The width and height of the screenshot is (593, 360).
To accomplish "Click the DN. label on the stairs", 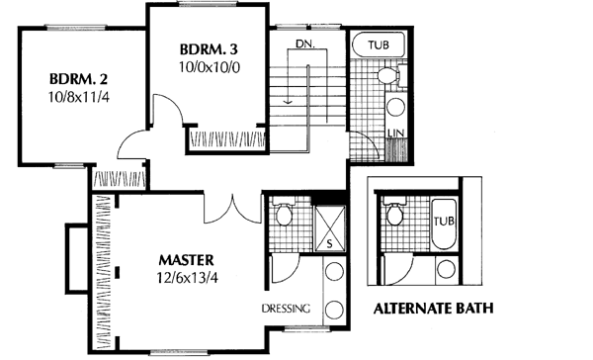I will pyautogui.click(x=304, y=45).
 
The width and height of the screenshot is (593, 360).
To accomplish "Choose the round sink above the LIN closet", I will pyautogui.click(x=395, y=106).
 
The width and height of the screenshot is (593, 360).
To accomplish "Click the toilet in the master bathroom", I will pyautogui.click(x=283, y=213).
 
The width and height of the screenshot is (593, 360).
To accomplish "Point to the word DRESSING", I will pyautogui.click(x=287, y=309).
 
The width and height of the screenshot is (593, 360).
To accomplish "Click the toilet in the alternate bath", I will pyautogui.click(x=395, y=212).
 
